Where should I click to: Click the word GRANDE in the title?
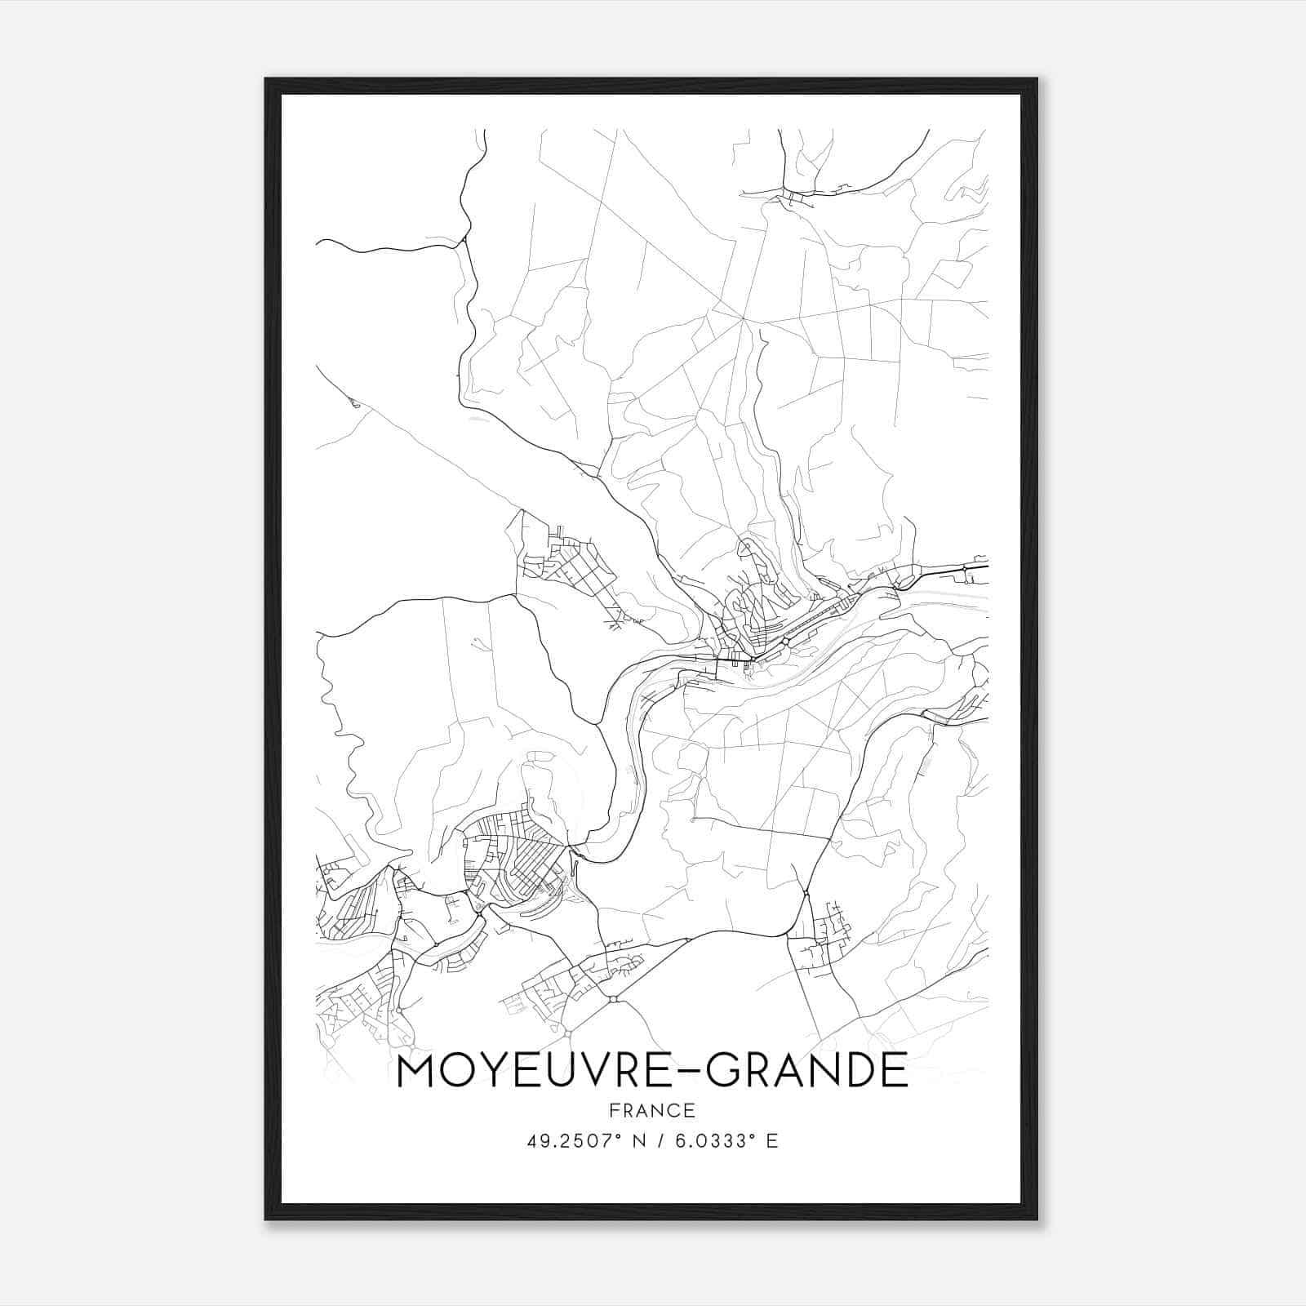point(806,1071)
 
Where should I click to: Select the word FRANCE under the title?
point(652,1110)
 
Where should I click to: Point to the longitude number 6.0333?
point(709,1141)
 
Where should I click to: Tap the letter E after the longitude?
point(772,1141)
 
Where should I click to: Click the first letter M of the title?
point(415,1071)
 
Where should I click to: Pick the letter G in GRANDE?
point(723,1071)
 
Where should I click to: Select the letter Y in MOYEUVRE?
point(491,1071)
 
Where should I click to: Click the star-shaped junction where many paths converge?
point(744,319)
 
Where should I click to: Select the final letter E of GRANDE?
point(896,1071)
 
